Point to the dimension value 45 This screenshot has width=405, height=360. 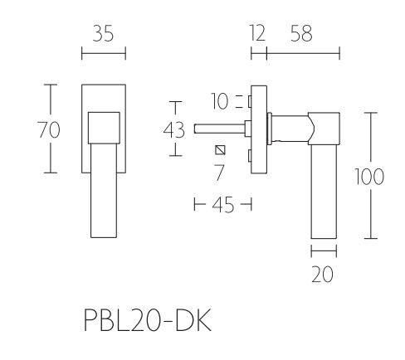(x=222, y=204)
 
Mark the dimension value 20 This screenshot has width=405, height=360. (x=324, y=275)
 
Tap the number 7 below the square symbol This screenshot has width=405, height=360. (x=220, y=172)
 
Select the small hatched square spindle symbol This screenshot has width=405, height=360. (x=220, y=150)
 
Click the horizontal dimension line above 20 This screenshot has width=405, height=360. (x=324, y=250)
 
